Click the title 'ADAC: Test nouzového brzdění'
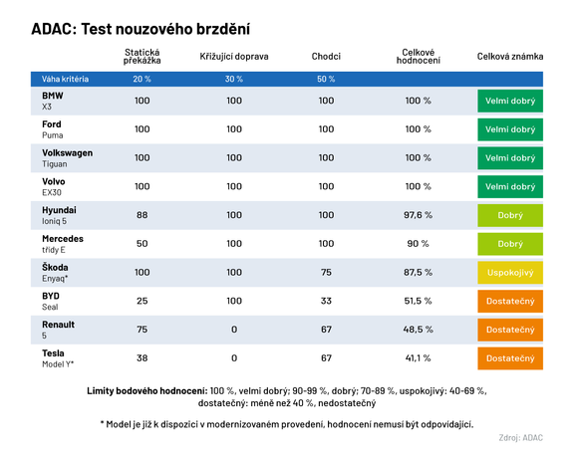click(141, 29)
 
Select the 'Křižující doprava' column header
click(234, 57)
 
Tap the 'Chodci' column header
click(326, 56)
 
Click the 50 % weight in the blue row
click(326, 79)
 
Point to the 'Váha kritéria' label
click(65, 79)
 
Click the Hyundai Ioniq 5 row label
click(60, 215)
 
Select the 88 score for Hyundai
click(143, 215)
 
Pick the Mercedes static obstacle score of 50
click(143, 244)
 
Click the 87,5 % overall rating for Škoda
click(419, 272)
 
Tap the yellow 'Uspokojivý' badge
click(510, 273)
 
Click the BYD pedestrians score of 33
click(326, 301)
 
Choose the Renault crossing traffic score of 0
click(234, 330)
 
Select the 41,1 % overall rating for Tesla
click(419, 358)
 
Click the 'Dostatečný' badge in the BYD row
click(510, 301)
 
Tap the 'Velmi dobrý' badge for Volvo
click(510, 186)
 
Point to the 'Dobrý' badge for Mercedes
click(510, 244)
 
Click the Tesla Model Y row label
click(58, 358)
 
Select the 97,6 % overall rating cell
click(419, 215)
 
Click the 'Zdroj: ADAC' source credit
click(520, 437)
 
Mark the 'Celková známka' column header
click(510, 57)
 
